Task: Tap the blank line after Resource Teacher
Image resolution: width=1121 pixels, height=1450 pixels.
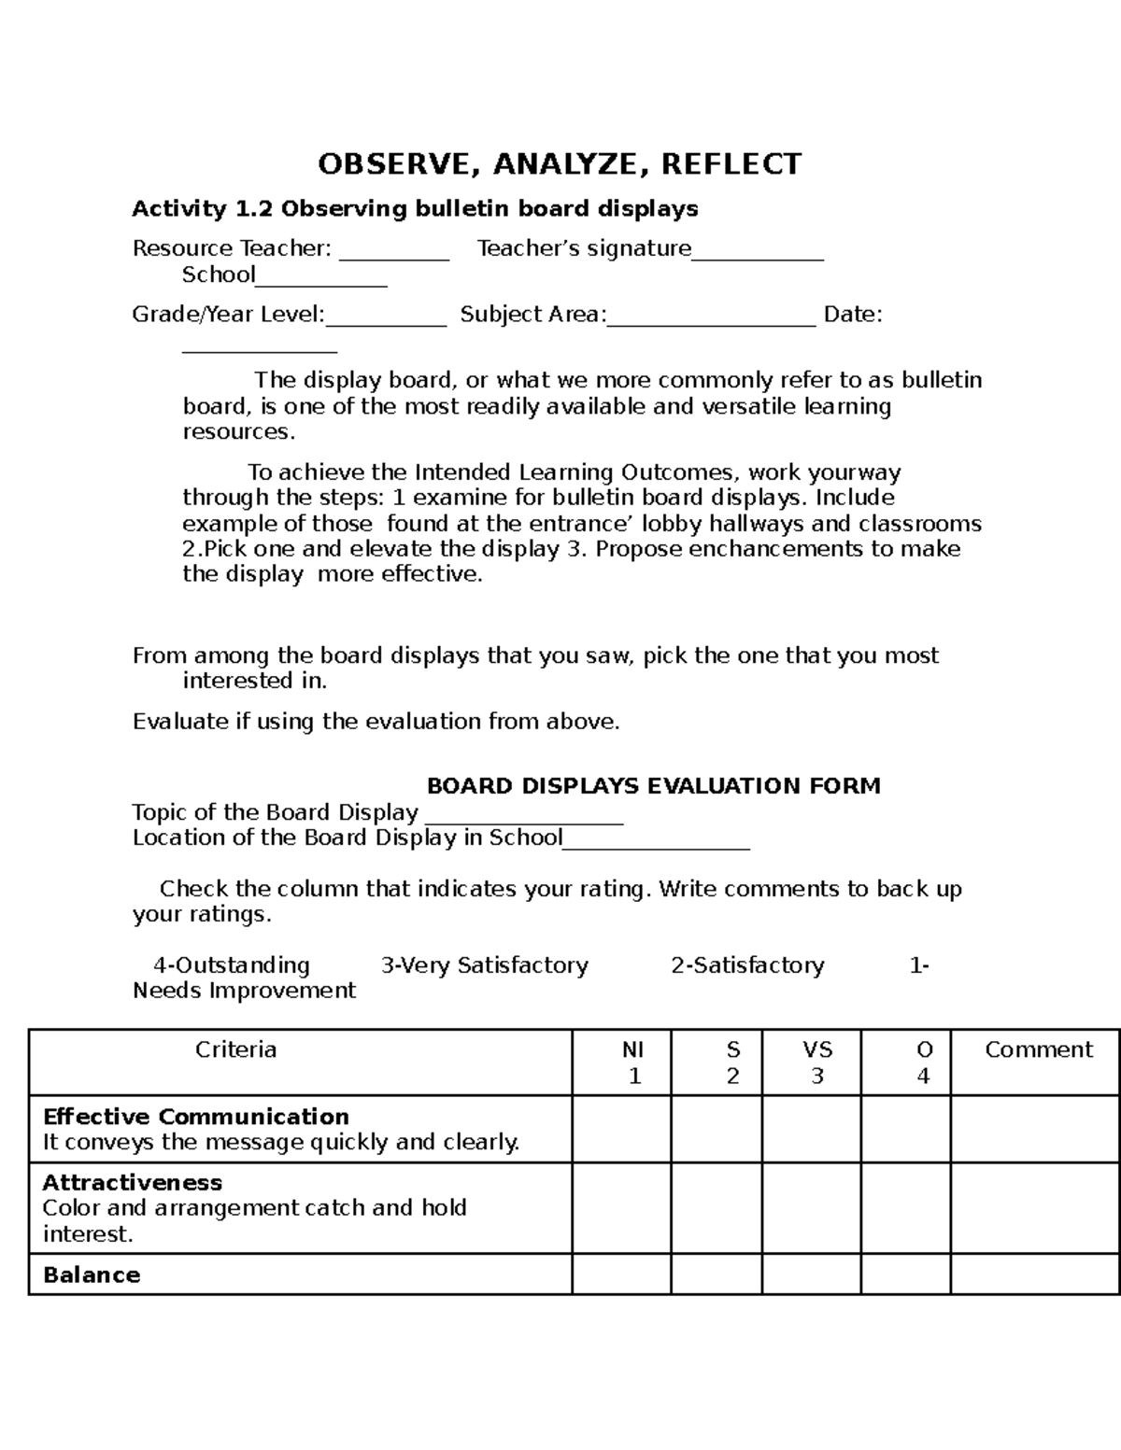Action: point(393,252)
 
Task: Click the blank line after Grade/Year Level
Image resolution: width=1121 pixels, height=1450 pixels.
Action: point(386,318)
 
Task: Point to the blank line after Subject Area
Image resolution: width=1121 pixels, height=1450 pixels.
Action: point(711,318)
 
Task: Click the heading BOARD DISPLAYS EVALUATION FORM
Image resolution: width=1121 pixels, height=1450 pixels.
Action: point(653,786)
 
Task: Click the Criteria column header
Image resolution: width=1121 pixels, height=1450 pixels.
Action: point(235,1050)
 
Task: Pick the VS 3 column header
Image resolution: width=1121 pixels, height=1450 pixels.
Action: point(816,1063)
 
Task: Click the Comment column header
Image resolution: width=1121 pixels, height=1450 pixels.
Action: point(1038,1050)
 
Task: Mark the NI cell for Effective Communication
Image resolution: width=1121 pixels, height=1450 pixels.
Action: point(621,1129)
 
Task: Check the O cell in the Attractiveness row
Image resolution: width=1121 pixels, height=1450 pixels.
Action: point(905,1207)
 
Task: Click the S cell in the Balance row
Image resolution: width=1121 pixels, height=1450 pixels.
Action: point(716,1274)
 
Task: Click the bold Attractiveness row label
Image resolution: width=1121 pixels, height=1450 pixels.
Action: point(133,1183)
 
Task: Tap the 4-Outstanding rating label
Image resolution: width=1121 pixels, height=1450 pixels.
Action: point(231,965)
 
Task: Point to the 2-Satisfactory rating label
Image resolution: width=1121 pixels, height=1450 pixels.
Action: point(747,965)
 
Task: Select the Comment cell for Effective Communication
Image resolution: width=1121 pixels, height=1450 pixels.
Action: point(1034,1129)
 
